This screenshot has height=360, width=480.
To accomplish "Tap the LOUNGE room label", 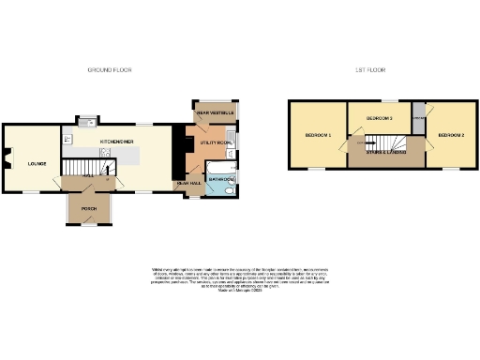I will coord(24,163).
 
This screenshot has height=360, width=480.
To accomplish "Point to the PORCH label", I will coord(89,208).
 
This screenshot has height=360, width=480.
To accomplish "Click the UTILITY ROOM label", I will coord(215,142).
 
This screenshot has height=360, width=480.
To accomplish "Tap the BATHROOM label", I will coord(221,178).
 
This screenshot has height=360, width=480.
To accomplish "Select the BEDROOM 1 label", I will coord(318,136).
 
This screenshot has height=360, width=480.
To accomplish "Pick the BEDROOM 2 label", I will coord(451,136).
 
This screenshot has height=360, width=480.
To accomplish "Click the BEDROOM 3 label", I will coord(379,118).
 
